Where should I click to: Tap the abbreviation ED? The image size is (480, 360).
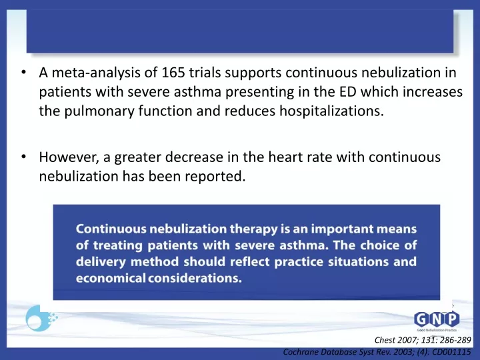point(347,92)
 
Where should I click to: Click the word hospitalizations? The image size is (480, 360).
point(331,111)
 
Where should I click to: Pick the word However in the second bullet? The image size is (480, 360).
point(69,157)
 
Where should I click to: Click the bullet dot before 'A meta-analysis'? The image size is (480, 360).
point(23,72)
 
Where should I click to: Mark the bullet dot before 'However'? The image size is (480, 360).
point(23,157)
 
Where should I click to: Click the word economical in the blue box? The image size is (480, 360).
point(111,278)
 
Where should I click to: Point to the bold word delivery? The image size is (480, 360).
point(101,262)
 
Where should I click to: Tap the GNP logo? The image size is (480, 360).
point(437,321)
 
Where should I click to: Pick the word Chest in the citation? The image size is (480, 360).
point(385,340)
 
